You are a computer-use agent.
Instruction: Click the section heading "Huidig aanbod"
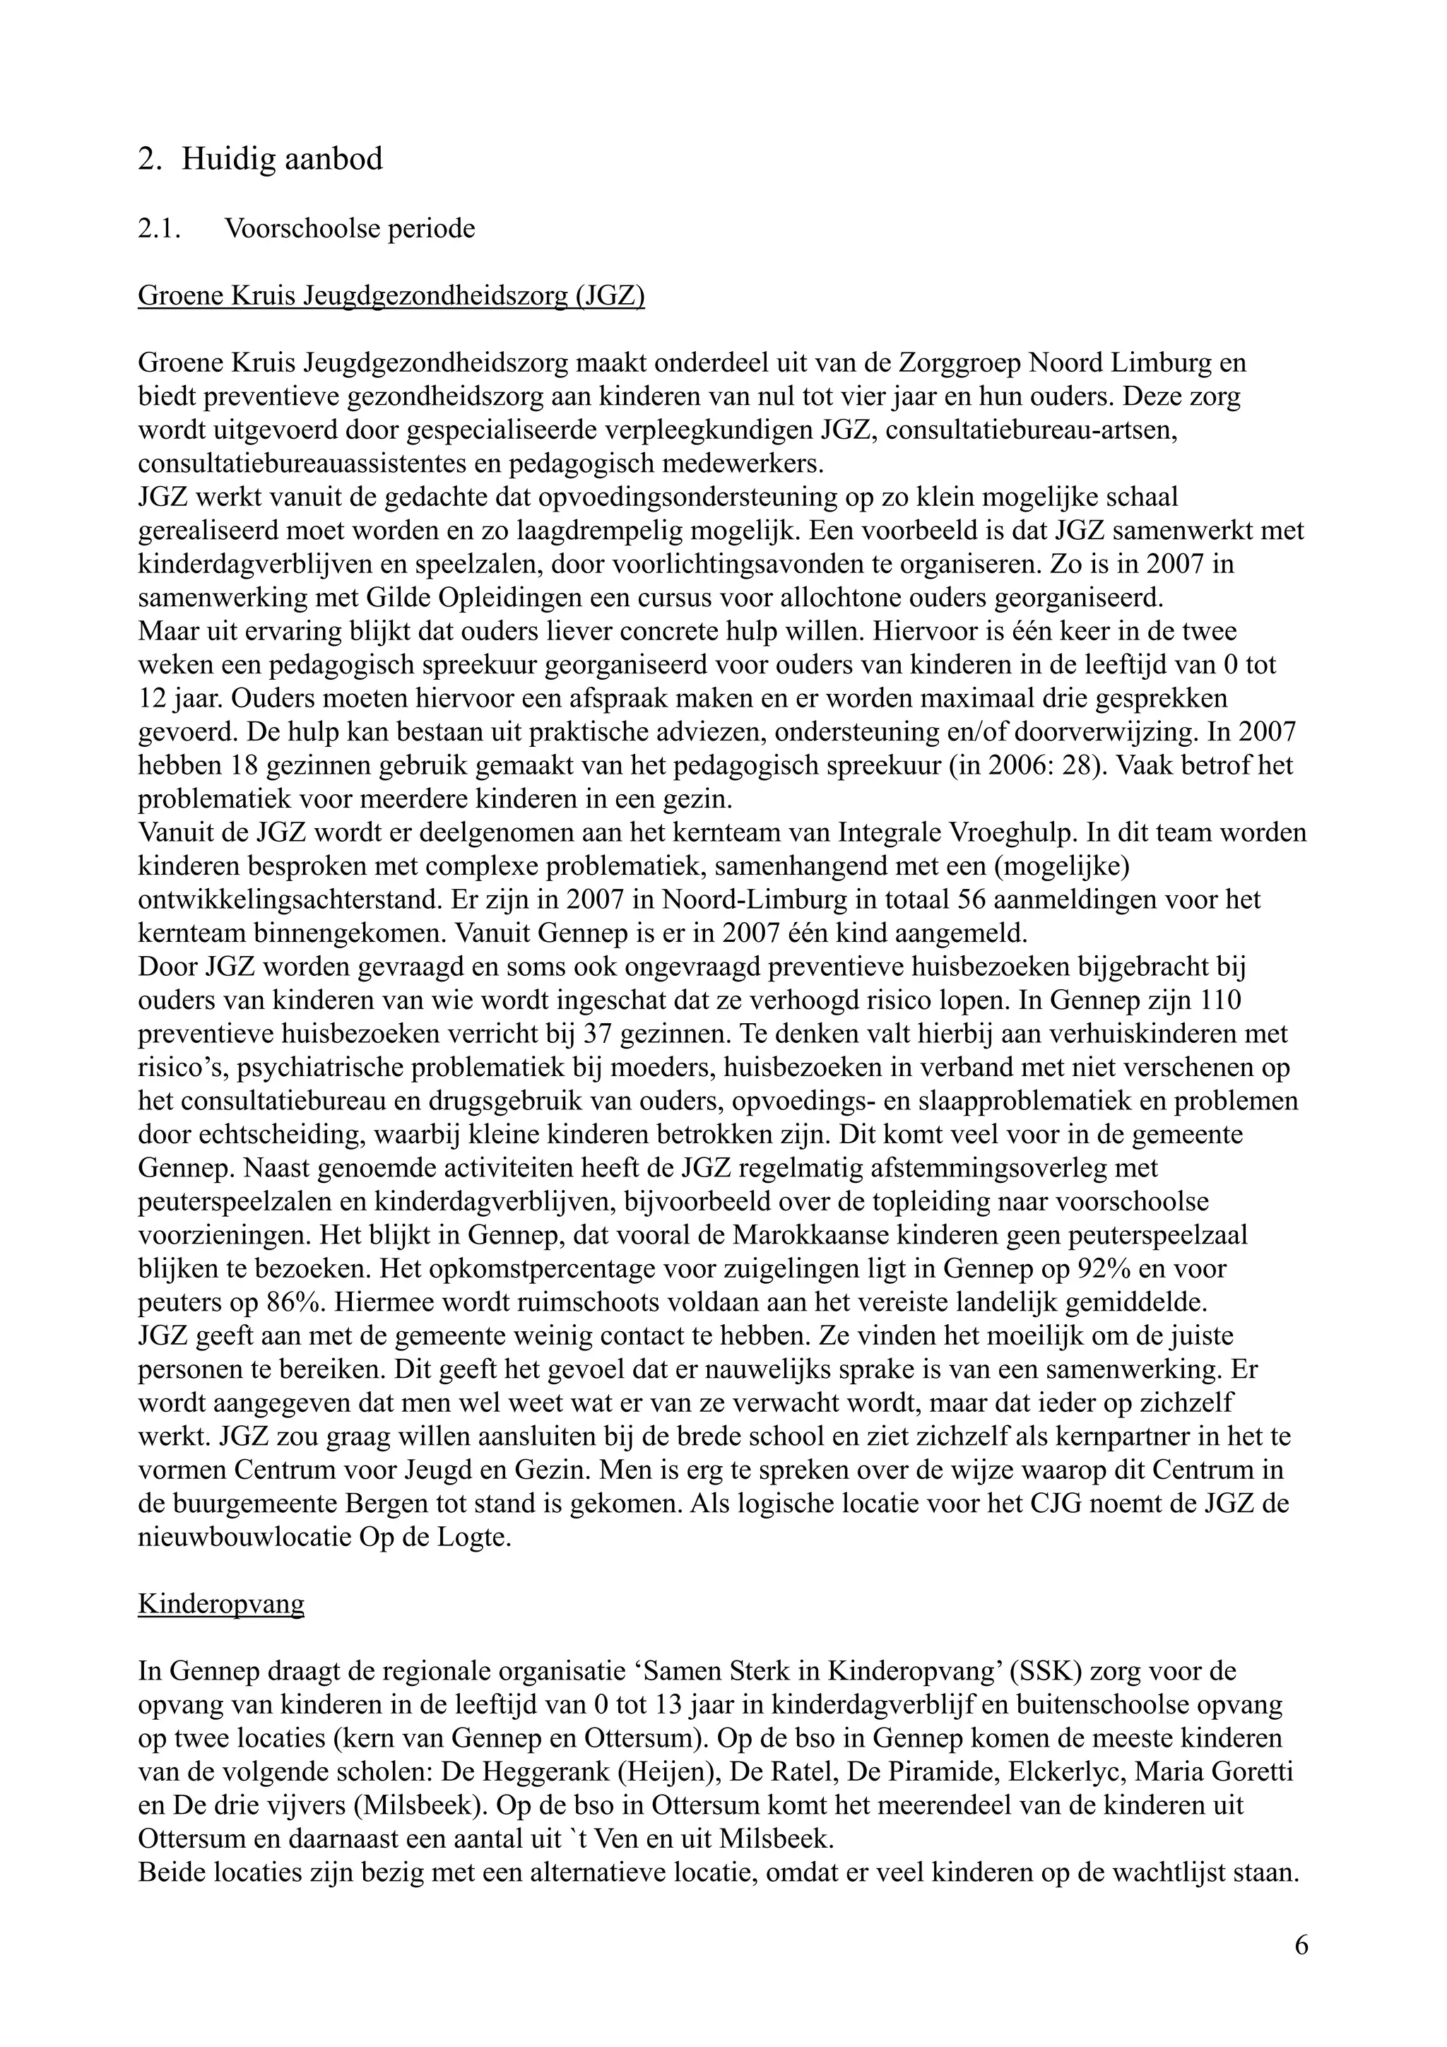[282, 160]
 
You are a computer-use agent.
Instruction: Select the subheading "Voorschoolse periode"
[350, 229]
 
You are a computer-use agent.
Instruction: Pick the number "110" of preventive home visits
[1215, 1001]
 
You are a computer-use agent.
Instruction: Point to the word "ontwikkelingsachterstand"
[286, 899]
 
